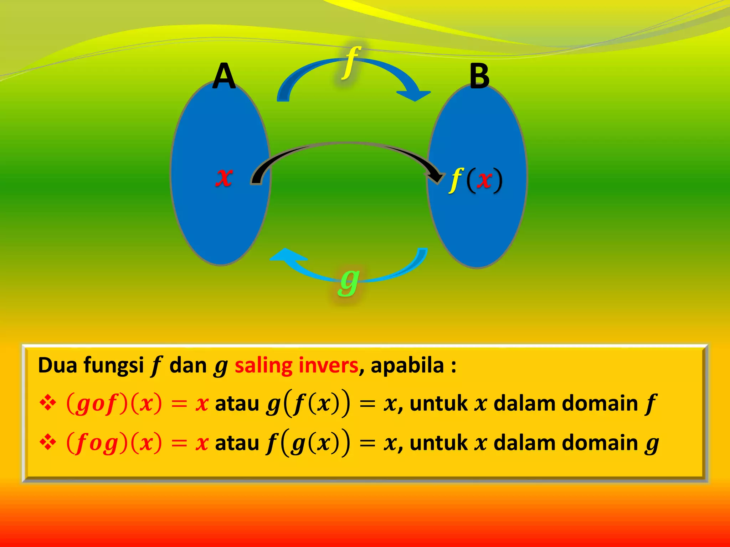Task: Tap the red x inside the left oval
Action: pos(224,177)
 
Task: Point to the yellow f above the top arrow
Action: pos(351,63)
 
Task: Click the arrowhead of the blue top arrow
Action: pos(415,95)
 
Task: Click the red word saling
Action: pos(263,366)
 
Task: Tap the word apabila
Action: pos(407,365)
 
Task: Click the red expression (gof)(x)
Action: pos(114,404)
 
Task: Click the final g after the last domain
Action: pos(652,444)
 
